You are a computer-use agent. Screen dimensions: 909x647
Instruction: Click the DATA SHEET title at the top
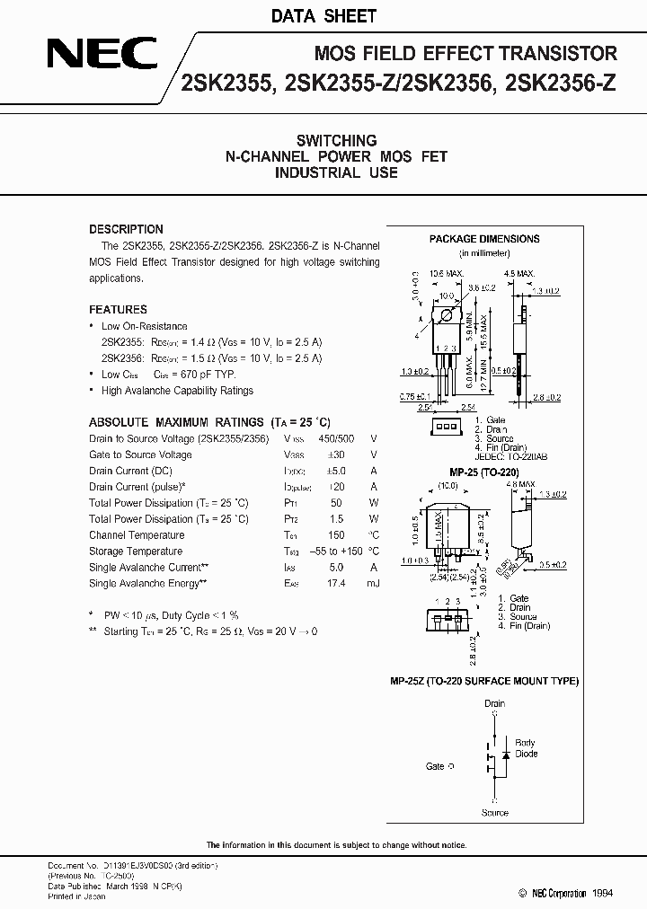(323, 16)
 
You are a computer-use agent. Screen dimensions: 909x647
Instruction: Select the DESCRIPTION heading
(126, 229)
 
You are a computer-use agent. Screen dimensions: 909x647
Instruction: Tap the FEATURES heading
(118, 309)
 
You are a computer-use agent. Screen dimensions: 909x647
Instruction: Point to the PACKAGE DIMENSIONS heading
(484, 239)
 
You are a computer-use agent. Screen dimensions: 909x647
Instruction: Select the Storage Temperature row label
(136, 551)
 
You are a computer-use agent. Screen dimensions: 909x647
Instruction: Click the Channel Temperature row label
(137, 534)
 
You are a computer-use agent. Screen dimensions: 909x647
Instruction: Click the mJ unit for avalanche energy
(373, 583)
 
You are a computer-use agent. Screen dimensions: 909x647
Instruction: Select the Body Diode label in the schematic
(526, 748)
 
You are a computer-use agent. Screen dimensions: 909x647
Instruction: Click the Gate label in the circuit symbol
(435, 766)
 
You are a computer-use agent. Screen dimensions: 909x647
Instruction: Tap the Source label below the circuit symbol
(494, 813)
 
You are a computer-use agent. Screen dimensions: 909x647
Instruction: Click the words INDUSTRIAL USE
(336, 172)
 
